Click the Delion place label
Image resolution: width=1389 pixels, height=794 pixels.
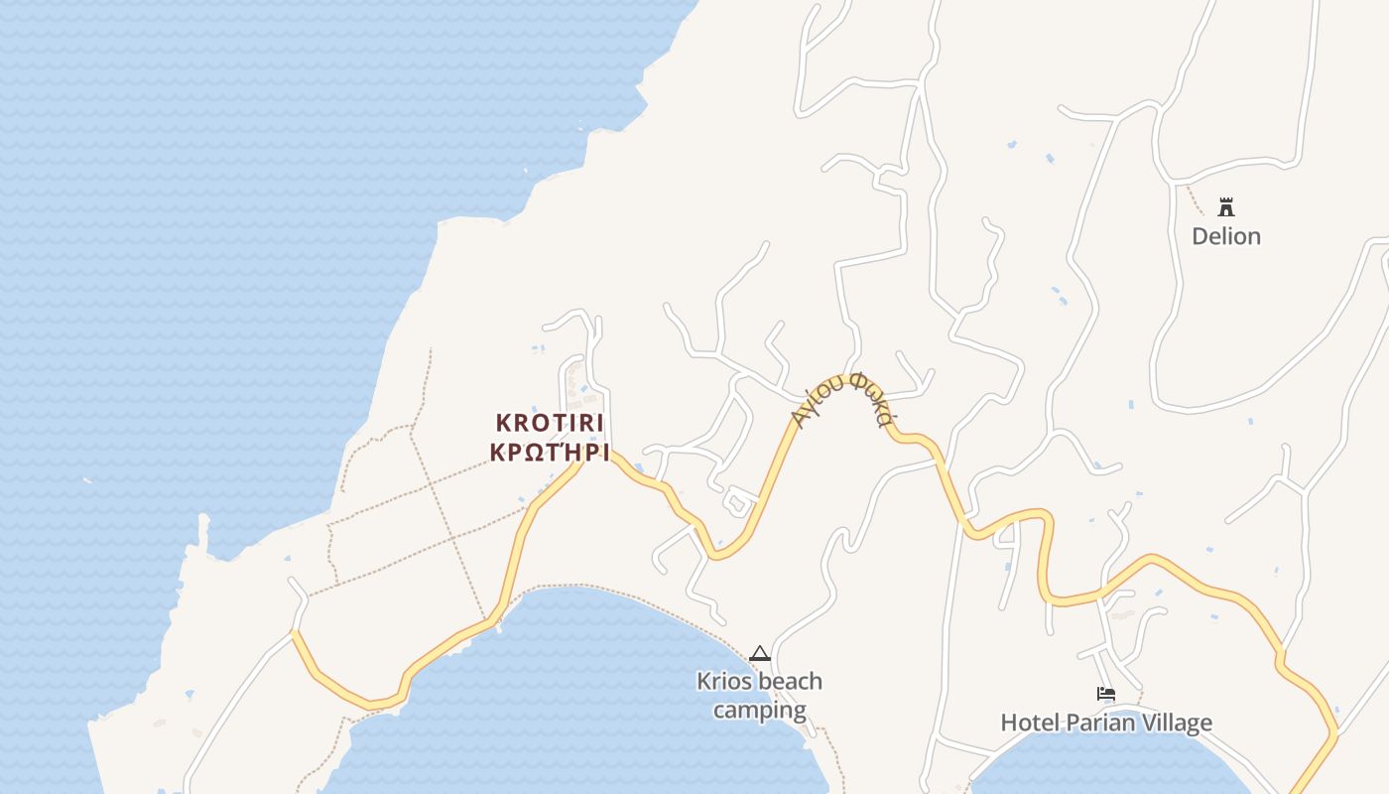[x=1226, y=236]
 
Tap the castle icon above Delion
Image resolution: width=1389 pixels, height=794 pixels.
[x=1226, y=207]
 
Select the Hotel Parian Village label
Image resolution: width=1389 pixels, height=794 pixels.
[x=1106, y=723]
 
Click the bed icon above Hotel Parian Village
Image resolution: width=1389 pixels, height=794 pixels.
[x=1106, y=694]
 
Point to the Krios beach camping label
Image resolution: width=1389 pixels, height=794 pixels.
[x=760, y=696]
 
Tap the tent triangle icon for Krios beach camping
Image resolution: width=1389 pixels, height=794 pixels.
[x=760, y=653]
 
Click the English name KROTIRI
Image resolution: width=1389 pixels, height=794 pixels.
[x=550, y=423]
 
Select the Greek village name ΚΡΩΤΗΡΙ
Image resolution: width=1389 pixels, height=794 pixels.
[x=550, y=453]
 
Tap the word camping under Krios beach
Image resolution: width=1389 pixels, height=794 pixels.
[x=760, y=711]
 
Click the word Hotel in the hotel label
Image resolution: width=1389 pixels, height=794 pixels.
[x=1030, y=723]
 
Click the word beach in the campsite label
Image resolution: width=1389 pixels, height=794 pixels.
[x=791, y=682]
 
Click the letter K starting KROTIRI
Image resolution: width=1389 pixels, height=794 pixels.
[x=502, y=423]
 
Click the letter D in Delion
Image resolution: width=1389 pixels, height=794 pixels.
[x=1200, y=236]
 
